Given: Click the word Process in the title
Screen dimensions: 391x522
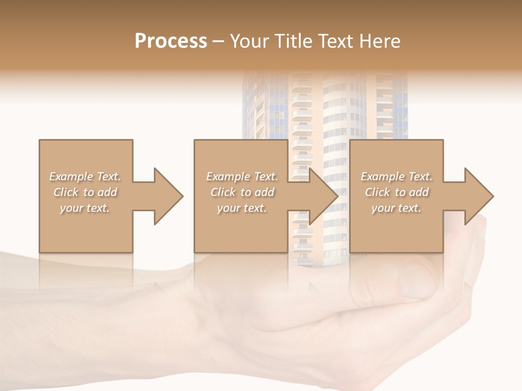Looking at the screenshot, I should (x=171, y=41).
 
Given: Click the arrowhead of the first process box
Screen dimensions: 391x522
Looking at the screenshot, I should (x=168, y=196).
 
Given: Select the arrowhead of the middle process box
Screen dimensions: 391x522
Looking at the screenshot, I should (x=323, y=196).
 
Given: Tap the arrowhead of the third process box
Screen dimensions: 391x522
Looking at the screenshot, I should (x=478, y=196).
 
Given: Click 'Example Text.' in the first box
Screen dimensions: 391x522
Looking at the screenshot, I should (x=85, y=176).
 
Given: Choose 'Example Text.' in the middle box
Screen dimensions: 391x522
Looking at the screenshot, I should (x=242, y=176).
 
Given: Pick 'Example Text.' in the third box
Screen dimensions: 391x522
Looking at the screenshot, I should (x=396, y=176).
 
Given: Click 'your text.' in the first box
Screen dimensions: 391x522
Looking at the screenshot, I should (x=85, y=208).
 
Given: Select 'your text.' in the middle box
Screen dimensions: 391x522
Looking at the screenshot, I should (x=242, y=208).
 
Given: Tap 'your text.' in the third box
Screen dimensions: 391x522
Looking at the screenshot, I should (x=396, y=208).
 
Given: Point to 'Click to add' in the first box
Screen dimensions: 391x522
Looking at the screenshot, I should (x=85, y=192).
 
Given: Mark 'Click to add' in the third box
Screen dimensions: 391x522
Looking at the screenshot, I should (x=396, y=192).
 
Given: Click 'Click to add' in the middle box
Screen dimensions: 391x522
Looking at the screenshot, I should (x=242, y=192).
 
